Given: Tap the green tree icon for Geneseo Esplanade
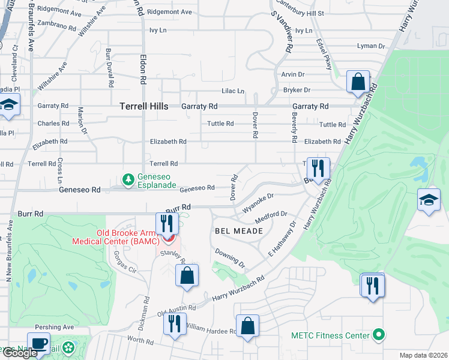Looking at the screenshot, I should tap(128, 179).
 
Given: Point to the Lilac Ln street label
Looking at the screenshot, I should tap(234, 91).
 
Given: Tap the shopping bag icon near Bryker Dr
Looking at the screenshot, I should tap(358, 82).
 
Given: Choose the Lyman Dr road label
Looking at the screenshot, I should tap(370, 46).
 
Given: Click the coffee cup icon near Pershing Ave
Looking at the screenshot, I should tap(38, 344).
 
